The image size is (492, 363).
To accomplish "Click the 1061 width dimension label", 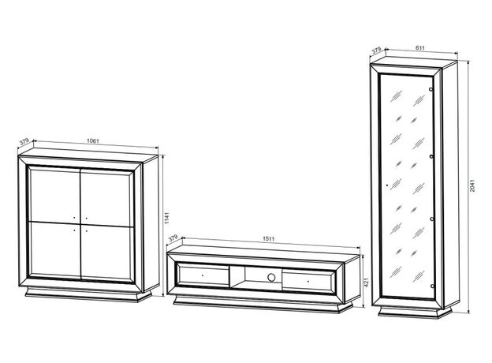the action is tap(92, 140).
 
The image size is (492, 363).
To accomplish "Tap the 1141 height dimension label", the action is tap(166, 218).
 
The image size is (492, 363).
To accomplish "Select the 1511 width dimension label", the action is tap(268, 238).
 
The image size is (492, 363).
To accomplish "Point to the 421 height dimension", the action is tap(366, 283).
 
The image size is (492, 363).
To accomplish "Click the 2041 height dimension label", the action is tap(472, 185).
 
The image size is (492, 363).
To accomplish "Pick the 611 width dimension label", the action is tap(419, 48).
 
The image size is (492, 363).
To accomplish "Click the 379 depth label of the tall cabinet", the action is tap(376, 50).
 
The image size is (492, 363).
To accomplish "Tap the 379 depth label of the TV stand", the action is tap(173, 238).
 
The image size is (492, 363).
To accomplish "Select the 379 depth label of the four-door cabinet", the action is tap(24, 141).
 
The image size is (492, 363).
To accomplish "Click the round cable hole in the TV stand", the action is tap(271, 277).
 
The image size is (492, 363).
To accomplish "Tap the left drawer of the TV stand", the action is tap(203, 275).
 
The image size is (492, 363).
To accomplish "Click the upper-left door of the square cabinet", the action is tap(55, 194).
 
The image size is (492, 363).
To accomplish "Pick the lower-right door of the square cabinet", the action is tap(106, 253).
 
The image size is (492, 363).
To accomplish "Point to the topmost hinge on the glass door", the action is tap(431, 89).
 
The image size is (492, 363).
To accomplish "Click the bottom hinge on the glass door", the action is tap(432, 286).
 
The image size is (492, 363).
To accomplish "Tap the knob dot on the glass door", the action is tap(387, 185).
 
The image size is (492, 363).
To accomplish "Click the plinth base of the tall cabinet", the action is tap(415, 312).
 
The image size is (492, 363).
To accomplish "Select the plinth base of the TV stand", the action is tap(263, 305).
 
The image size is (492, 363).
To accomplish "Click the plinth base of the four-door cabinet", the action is tap(88, 294).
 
